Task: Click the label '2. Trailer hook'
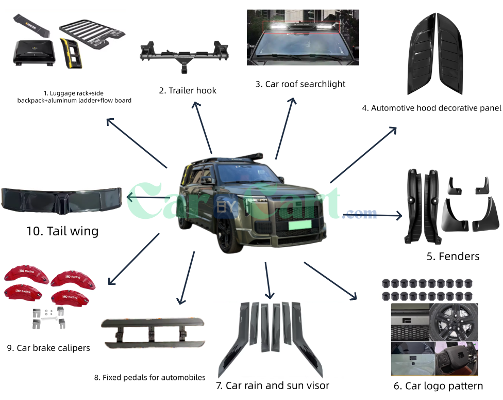[188, 91]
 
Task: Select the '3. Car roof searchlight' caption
[300, 84]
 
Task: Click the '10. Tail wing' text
[62, 231]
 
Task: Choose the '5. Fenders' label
[453, 257]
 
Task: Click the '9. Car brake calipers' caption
[48, 348]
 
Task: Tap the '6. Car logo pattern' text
[438, 386]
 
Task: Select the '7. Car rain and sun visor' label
[273, 386]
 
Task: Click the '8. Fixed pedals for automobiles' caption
[150, 378]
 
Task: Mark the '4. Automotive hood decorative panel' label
[431, 108]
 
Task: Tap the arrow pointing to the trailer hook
[202, 127]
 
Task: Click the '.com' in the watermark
[362, 214]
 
